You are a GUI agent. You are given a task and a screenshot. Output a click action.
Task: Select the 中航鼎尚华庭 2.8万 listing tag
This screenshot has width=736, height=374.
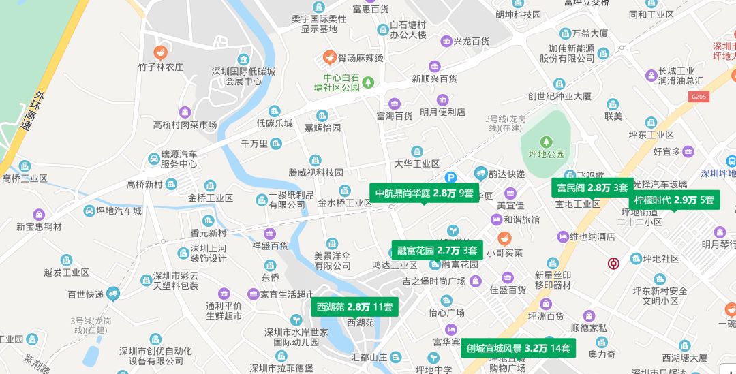424,193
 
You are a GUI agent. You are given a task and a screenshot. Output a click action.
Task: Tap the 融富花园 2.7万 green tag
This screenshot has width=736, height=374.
437,250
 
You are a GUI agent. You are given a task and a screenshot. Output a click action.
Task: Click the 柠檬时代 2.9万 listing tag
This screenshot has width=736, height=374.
674,200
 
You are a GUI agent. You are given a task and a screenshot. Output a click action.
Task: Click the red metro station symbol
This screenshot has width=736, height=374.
613,263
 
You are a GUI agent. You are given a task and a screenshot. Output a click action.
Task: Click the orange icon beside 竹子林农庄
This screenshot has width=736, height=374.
161,50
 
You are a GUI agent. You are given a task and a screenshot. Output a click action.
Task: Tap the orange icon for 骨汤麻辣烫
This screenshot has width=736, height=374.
328,57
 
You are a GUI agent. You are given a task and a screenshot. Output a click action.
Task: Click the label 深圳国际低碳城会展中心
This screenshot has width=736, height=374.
243,76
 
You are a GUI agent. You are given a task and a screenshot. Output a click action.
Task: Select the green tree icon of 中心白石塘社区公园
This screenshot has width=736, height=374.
368,82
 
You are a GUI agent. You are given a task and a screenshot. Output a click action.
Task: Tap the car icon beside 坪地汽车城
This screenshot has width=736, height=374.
90,211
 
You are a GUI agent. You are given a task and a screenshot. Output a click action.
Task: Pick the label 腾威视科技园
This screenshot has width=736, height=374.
316,172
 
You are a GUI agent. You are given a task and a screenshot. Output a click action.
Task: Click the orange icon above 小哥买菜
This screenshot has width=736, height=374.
504,238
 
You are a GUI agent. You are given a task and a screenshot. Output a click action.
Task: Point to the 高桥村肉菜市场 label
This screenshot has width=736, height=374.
185,125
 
